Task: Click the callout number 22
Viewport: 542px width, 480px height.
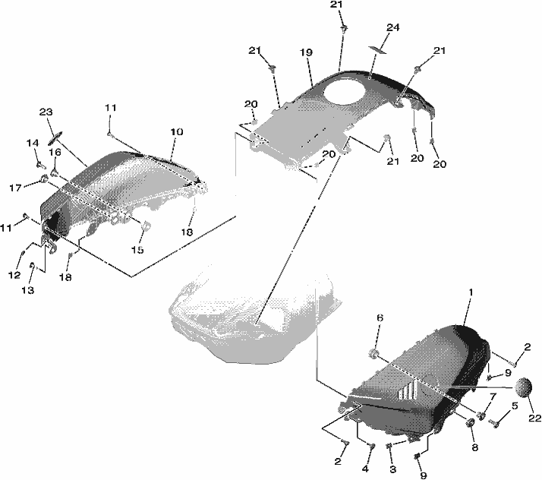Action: (534, 418)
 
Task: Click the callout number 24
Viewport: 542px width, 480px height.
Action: (392, 27)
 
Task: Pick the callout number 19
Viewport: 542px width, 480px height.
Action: (306, 52)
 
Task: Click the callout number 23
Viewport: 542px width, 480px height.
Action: (46, 112)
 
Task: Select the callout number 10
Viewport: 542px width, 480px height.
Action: (176, 131)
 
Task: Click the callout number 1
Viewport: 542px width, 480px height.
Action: (471, 292)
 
